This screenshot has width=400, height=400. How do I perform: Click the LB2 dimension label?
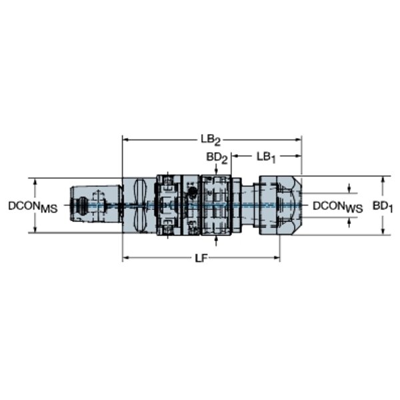(x=210, y=140)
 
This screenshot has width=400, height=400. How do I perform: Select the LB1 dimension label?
(x=266, y=157)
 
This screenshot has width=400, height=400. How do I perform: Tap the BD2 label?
(x=217, y=158)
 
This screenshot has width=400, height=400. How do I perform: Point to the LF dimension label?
(x=201, y=259)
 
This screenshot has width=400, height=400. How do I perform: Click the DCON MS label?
(x=33, y=207)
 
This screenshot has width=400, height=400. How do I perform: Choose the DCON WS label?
(x=338, y=207)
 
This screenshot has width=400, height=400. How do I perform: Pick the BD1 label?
(x=382, y=207)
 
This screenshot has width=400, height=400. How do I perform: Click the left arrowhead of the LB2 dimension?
(x=126, y=139)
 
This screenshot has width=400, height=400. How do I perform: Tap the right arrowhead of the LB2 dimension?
(x=298, y=139)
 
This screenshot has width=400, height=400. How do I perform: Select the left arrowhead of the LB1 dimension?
(x=235, y=156)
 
